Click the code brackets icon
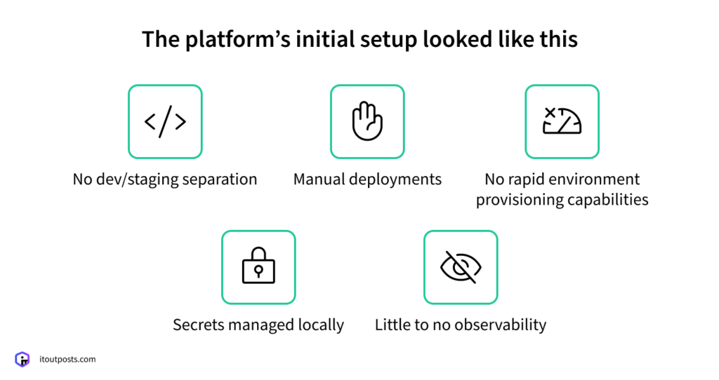click(x=165, y=122)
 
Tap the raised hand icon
click(x=367, y=121)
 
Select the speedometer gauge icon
click(x=562, y=121)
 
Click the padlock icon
click(x=258, y=267)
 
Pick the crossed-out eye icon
click(x=461, y=267)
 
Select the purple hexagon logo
click(x=22, y=360)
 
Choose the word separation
click(x=220, y=179)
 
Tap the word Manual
click(x=317, y=179)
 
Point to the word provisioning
click(x=516, y=200)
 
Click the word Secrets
click(x=197, y=325)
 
